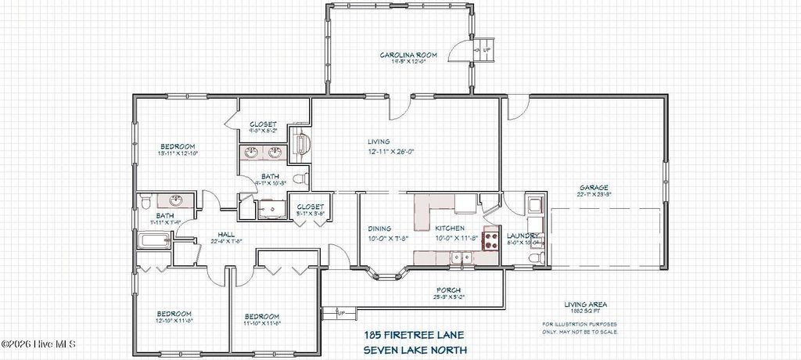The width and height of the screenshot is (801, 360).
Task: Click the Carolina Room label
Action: click(x=408, y=55)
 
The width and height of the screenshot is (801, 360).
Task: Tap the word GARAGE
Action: click(x=592, y=188)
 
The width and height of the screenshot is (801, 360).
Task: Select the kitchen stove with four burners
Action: click(x=491, y=238)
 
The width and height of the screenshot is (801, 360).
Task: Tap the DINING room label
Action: click(x=380, y=229)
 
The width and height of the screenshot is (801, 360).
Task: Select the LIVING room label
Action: click(x=379, y=142)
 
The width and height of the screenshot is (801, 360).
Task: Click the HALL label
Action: click(x=226, y=234)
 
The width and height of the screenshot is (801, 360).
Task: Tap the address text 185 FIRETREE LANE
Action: click(x=415, y=334)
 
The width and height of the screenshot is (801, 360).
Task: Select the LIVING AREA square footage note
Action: click(x=586, y=308)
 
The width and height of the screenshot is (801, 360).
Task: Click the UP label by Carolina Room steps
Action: click(x=487, y=49)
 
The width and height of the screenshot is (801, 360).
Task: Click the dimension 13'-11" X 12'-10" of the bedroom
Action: click(x=178, y=154)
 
